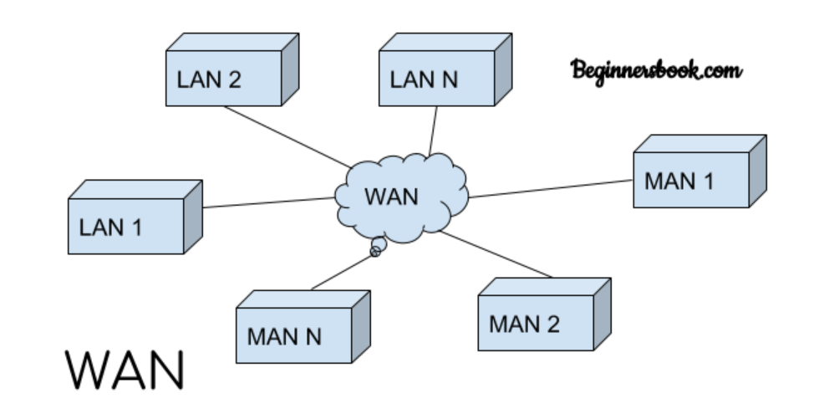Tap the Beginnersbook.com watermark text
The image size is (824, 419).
click(x=656, y=70)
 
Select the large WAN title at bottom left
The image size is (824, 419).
click(x=125, y=369)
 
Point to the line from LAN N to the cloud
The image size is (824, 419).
click(x=434, y=130)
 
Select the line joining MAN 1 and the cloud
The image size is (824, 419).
click(x=552, y=188)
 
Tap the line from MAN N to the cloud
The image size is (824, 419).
click(x=343, y=273)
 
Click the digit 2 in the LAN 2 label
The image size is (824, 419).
click(x=236, y=79)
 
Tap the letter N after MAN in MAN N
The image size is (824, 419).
click(x=311, y=337)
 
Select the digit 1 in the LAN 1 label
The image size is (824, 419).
click(x=135, y=226)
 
